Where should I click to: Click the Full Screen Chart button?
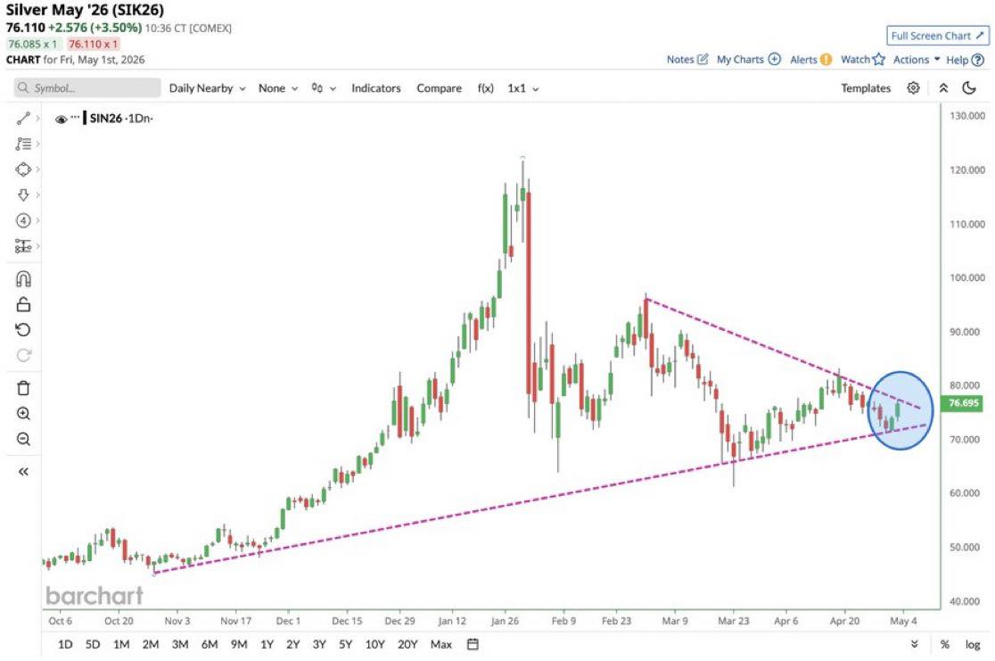point(937,37)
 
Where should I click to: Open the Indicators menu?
point(375,88)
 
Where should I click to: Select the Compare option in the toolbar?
point(439,88)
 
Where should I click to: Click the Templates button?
point(866,88)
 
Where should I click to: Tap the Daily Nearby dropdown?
point(207,88)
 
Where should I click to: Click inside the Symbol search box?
point(87,88)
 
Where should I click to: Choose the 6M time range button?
point(210,644)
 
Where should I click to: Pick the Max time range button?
point(441,644)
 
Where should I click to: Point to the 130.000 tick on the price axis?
point(967,116)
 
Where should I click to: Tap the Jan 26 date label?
point(505,621)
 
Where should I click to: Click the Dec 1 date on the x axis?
point(288,621)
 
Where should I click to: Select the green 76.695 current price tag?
point(963,403)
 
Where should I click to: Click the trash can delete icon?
point(23,388)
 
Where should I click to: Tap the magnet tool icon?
point(23,279)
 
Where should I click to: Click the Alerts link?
point(810,60)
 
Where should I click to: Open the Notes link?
point(687,60)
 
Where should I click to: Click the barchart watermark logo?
point(95,596)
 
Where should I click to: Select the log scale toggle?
point(972,644)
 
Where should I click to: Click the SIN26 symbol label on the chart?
point(105,118)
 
